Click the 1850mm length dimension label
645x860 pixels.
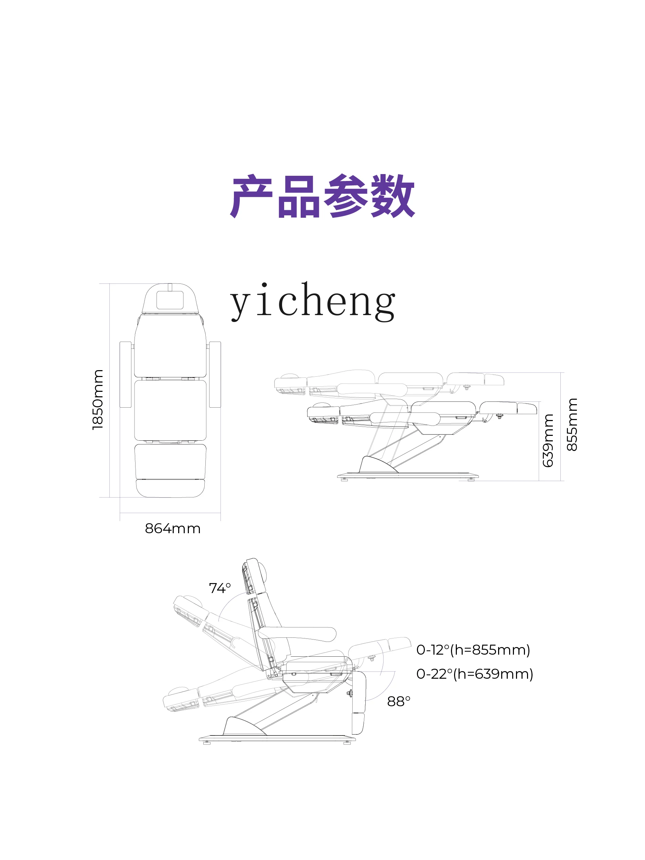tap(98, 399)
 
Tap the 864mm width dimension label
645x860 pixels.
tap(173, 529)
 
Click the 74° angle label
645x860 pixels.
tap(220, 588)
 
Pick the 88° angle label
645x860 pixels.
tap(398, 701)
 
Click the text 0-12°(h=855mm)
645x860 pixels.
tap(473, 650)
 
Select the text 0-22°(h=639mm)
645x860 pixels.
tap(474, 674)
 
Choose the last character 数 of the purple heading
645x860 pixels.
tap(393, 196)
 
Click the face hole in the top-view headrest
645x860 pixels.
tap(170, 300)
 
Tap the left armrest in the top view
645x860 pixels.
tap(125, 374)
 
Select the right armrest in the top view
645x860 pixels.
tap(215, 374)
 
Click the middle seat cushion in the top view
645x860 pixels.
tap(170, 410)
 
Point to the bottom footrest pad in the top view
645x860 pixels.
tap(170, 488)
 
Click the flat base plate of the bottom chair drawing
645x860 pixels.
tap(277, 738)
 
